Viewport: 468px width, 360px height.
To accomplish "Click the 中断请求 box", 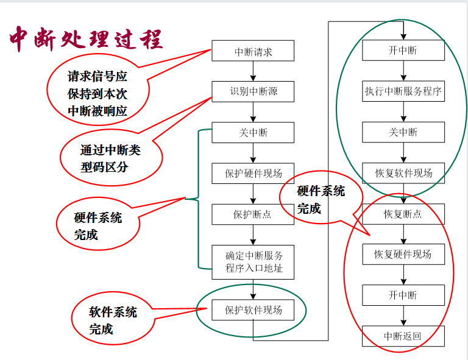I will point(253,52).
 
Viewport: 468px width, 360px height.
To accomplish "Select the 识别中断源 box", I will point(253,92).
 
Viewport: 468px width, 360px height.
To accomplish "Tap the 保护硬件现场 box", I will point(253,173).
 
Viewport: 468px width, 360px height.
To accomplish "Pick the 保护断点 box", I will point(253,214).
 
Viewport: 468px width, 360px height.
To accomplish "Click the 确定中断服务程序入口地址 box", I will point(253,262).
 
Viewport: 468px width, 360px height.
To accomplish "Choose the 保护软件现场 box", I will point(253,310).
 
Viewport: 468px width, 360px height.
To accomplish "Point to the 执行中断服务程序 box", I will point(403,92).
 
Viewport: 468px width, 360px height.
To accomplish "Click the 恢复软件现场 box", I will point(403,173).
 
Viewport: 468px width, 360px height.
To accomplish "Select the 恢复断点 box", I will point(403,214).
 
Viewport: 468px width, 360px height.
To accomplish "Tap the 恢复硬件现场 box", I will point(403,255).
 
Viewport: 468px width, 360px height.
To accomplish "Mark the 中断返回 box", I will point(403,336).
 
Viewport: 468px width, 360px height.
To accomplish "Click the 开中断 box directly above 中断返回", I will point(403,295).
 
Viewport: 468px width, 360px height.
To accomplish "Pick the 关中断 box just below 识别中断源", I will point(253,133).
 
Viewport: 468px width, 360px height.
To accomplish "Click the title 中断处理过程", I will point(85,40).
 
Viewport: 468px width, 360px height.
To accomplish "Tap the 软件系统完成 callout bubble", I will point(112,320).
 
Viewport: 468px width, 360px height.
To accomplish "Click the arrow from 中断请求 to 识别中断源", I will point(253,72).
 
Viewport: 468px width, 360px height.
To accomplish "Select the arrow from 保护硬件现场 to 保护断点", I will point(253,194).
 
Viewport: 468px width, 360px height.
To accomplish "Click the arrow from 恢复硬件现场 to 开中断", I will point(403,275).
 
